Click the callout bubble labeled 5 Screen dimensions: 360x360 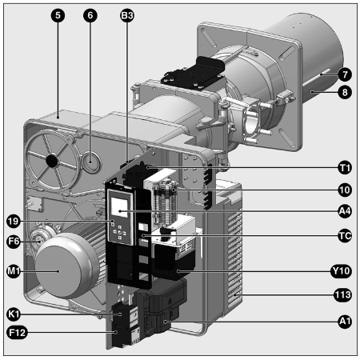coord(58,15)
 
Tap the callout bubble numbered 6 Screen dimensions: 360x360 coord(90,15)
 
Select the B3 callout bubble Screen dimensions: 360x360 coord(127,15)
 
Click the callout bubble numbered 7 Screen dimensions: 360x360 coord(345,74)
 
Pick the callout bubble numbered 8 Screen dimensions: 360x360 coord(345,92)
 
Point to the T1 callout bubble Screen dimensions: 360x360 coord(345,168)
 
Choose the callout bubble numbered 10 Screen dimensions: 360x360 coord(345,190)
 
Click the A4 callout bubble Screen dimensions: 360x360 coord(345,211)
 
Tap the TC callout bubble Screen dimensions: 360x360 coord(345,236)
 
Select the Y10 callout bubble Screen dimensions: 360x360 coord(341,271)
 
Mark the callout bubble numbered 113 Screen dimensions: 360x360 coord(343,295)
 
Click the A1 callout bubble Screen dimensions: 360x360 coord(345,322)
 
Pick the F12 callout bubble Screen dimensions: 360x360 coord(17,333)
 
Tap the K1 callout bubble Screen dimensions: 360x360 coord(14,314)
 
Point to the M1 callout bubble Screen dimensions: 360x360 coord(14,271)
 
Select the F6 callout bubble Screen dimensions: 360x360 coord(14,242)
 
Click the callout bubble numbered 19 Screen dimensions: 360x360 coord(14,221)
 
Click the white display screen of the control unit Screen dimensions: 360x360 coord(119,206)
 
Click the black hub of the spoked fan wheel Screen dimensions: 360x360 coord(52,161)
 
